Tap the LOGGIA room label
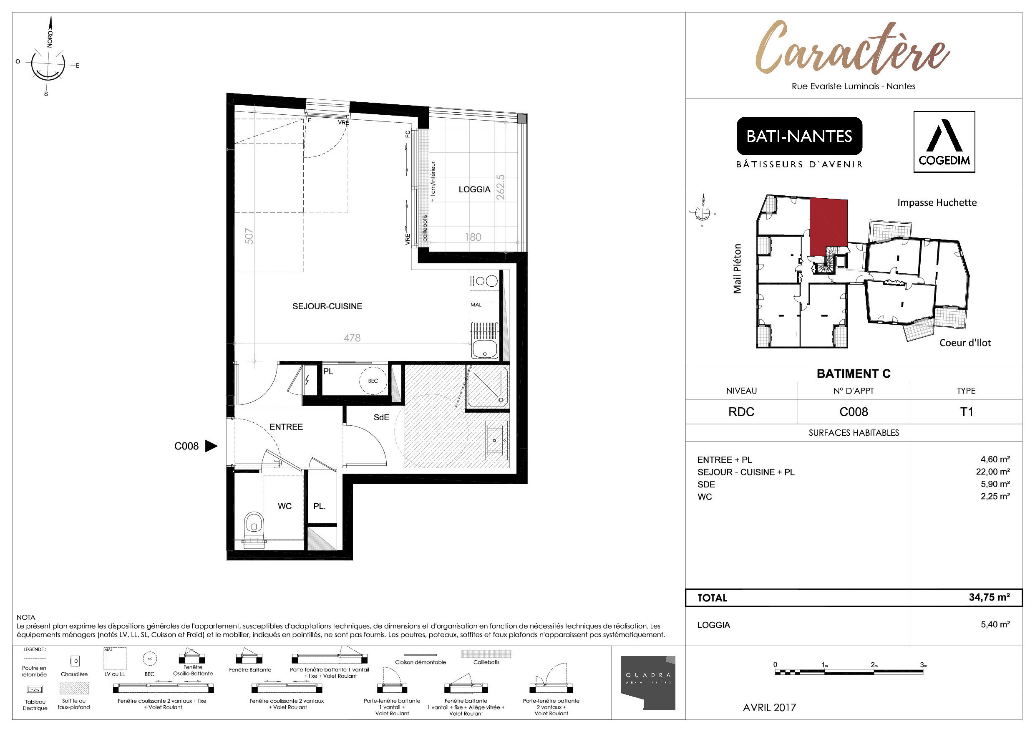point(474,189)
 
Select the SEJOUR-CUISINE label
point(327,306)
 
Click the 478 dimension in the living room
point(352,338)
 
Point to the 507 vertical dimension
point(249,236)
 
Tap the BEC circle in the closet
point(373,381)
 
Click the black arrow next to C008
point(211,446)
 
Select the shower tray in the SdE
point(487,387)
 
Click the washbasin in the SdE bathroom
point(496,440)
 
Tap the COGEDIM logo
point(944,141)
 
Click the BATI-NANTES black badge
point(799,136)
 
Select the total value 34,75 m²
point(989,597)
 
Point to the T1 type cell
point(966,412)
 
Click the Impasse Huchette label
point(937,202)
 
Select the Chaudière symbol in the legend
point(75,661)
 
